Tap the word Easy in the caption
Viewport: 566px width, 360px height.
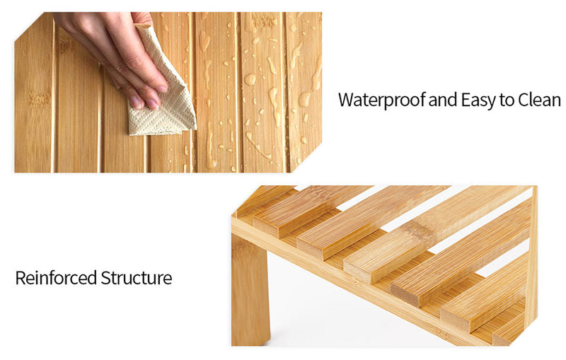pos(478,100)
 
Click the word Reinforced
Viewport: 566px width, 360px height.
pos(56,278)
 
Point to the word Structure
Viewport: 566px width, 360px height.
pos(137,278)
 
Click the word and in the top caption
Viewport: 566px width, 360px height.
pos(443,100)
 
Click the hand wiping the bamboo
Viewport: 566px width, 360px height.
pos(115,54)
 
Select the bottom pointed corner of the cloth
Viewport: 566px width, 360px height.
pos(130,134)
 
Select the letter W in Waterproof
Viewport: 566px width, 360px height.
pos(346,100)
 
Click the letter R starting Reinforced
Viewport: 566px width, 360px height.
pos(21,278)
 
